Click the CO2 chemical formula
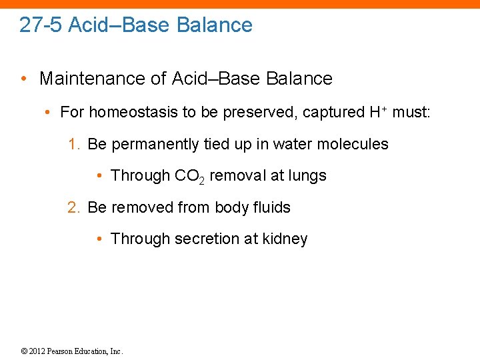189,176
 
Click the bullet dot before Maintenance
24,79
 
